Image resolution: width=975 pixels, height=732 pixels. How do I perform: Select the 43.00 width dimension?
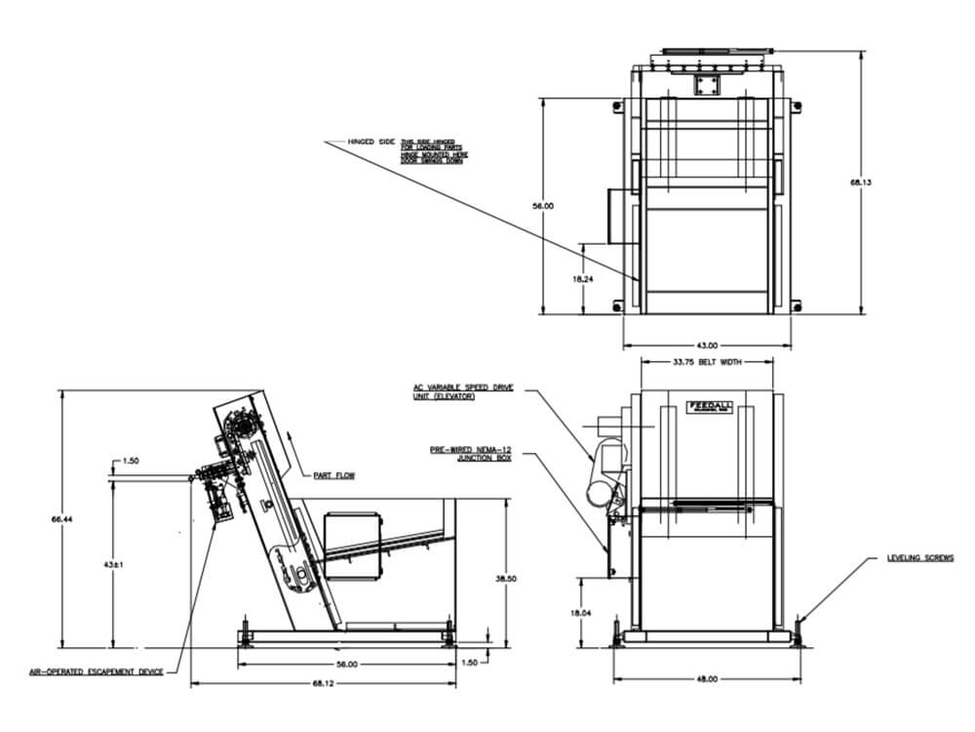click(707, 345)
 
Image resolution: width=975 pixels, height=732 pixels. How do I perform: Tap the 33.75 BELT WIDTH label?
click(706, 361)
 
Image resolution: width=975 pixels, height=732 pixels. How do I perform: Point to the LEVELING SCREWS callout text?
click(920, 558)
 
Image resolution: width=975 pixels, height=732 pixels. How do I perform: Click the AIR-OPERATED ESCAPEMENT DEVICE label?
click(97, 671)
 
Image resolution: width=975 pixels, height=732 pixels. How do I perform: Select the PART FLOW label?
click(333, 475)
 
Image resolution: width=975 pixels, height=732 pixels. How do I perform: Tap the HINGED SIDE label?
click(372, 142)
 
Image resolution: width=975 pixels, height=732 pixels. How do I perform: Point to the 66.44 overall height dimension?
click(59, 519)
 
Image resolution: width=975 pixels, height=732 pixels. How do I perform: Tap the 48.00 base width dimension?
click(706, 678)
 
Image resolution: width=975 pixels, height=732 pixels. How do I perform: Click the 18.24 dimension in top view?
click(583, 278)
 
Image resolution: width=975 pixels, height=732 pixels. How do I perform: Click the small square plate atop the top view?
click(705, 85)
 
